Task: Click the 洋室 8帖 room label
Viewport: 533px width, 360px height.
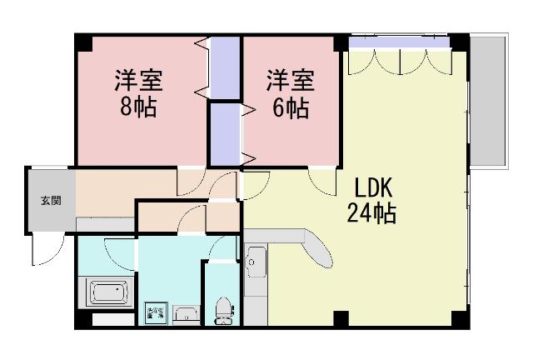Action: [x=139, y=94]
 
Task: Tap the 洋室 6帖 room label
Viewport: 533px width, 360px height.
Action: [x=290, y=94]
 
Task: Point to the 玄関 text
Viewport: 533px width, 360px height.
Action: [x=50, y=200]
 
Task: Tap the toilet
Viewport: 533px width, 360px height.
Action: [x=222, y=307]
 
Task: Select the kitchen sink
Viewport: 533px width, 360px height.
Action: [x=255, y=265]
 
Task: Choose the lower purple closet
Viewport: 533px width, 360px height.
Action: [x=225, y=133]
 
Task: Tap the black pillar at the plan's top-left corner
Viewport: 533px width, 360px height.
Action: [x=81, y=40]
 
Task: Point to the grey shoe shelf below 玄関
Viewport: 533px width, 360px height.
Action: [x=106, y=224]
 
